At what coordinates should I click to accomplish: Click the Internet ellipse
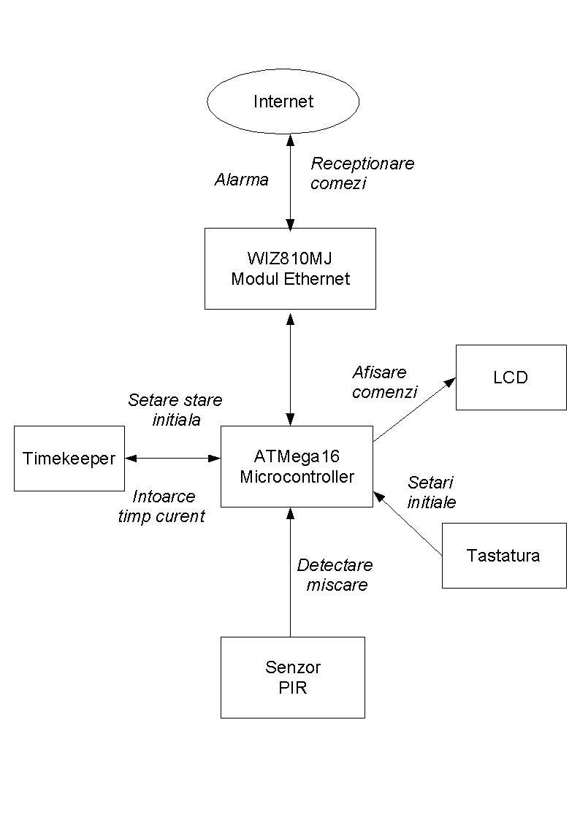[283, 101]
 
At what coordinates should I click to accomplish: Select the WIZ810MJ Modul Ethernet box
[290, 268]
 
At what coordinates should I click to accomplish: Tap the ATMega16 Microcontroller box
[297, 467]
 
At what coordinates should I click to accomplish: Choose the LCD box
[511, 377]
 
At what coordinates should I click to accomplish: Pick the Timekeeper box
[69, 459]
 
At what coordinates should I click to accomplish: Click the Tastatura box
[503, 555]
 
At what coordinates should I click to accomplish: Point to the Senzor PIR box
[292, 677]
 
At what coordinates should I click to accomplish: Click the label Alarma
[241, 180]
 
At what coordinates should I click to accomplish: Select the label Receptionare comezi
[362, 173]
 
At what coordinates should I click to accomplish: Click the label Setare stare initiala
[175, 410]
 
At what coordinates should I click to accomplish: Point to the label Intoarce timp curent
[161, 506]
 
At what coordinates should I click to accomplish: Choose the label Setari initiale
[432, 492]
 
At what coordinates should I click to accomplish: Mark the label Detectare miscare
[335, 575]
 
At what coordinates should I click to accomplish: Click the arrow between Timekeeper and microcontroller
[173, 459]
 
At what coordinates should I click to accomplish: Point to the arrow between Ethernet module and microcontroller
[291, 368]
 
